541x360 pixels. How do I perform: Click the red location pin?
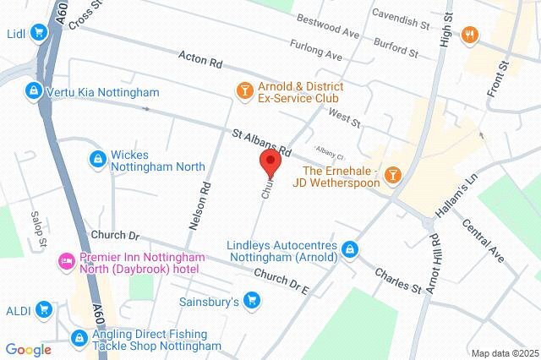[x=270, y=162]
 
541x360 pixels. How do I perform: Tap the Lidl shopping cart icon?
[x=38, y=33]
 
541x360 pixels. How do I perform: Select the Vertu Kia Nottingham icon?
[x=33, y=90]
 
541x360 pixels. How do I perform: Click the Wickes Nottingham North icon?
[x=97, y=159]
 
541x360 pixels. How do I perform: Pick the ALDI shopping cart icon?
[x=43, y=310]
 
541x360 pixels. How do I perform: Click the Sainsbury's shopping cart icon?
[x=251, y=300]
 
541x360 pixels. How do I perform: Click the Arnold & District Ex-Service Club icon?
[x=244, y=90]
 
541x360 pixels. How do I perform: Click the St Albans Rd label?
[x=262, y=142]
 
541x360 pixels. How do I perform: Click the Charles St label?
[x=397, y=281]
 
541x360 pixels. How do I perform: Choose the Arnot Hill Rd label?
[x=433, y=262]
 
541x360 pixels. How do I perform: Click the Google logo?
[x=28, y=349]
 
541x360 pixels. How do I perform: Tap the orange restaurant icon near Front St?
[x=471, y=35]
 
